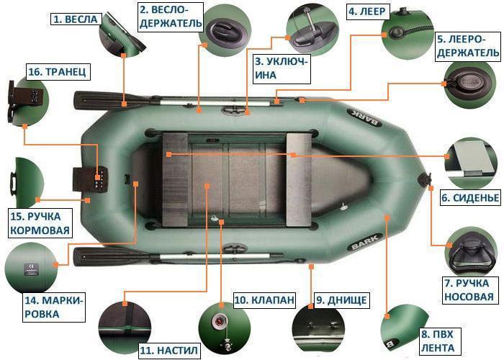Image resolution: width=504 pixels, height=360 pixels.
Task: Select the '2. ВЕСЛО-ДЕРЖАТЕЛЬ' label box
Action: tap(170, 17)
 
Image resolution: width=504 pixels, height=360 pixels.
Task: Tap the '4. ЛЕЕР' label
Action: tap(369, 12)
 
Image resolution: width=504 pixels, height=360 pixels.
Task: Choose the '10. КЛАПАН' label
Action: tap(264, 300)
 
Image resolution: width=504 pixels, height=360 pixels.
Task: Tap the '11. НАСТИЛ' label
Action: tap(168, 351)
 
